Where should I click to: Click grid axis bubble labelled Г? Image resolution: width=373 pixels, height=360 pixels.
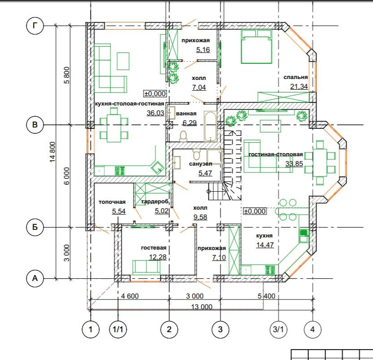(x=35, y=26)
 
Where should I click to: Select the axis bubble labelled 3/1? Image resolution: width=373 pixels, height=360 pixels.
(x=278, y=329)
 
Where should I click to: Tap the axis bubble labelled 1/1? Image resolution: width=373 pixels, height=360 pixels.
(x=118, y=329)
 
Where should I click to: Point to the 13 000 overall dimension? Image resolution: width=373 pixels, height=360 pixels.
(x=202, y=307)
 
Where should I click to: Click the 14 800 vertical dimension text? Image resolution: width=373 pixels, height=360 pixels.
(x=52, y=152)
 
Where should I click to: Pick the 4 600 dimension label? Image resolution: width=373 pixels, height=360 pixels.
(x=130, y=296)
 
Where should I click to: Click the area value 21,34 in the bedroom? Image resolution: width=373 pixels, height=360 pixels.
(x=299, y=87)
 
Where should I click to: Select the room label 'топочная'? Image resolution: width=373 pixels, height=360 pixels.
(x=112, y=202)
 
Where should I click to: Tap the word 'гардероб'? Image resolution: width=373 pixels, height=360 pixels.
(x=155, y=202)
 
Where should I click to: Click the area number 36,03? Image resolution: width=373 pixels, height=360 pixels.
(x=155, y=113)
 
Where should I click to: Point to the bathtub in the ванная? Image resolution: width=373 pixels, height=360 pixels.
(x=210, y=126)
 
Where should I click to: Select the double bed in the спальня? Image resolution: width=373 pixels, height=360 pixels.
(x=256, y=47)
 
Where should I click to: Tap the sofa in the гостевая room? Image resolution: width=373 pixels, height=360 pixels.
(x=146, y=268)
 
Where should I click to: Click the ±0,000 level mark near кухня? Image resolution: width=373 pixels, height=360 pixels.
(x=255, y=211)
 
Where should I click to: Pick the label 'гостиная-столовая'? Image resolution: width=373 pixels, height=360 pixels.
(x=276, y=154)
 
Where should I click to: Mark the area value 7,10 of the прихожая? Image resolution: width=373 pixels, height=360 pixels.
(x=219, y=258)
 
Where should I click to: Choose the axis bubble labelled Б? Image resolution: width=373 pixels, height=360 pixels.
(x=35, y=227)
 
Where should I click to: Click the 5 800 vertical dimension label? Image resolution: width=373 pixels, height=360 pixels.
(x=67, y=75)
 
